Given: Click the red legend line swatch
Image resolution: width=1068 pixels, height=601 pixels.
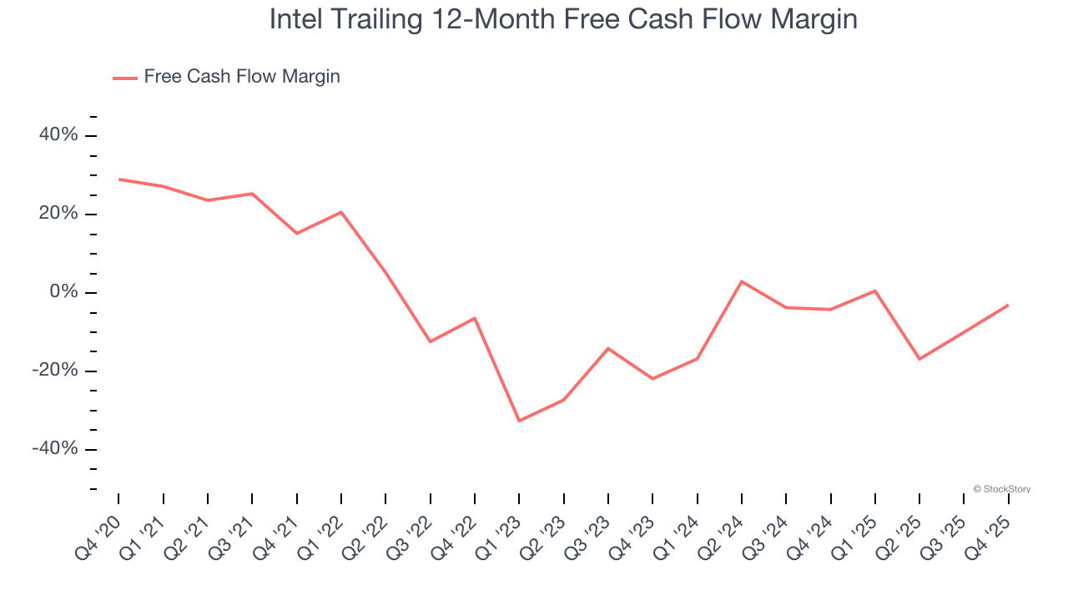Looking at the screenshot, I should tap(125, 78).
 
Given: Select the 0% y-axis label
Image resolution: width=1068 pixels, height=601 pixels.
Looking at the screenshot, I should tap(63, 292).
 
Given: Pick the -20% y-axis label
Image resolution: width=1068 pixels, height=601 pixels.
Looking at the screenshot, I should tap(55, 371).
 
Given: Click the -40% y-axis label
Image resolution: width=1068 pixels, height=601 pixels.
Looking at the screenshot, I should tap(55, 449).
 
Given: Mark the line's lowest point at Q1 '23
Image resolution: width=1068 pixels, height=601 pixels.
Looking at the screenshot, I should tap(519, 421).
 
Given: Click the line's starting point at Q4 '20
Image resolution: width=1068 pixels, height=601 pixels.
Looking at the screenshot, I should tap(118, 179).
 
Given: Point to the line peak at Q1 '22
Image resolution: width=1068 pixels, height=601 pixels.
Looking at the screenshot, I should tap(341, 212).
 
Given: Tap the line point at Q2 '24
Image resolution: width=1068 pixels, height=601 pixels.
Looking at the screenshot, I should tap(742, 281).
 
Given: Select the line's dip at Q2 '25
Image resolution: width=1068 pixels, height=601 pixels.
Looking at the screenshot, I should tap(919, 359).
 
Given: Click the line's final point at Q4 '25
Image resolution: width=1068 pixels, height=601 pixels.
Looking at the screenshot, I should tap(1008, 305).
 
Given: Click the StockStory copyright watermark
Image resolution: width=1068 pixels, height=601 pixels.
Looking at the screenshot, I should tap(1001, 489).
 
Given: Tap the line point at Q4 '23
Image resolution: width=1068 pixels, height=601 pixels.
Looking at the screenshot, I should tap(652, 379).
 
